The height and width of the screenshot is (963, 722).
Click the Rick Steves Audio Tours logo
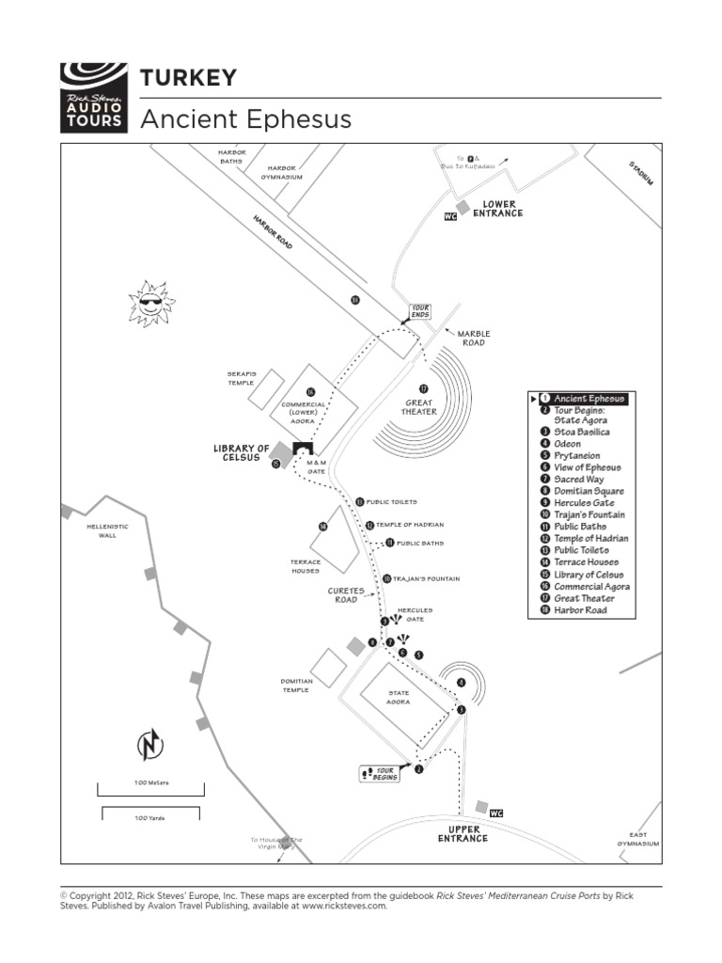point(93,98)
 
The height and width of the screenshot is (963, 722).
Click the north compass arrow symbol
point(149,745)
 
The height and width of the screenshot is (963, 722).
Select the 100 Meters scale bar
point(149,783)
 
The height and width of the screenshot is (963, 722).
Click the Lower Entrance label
point(497,209)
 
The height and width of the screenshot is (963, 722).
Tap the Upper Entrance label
point(463,834)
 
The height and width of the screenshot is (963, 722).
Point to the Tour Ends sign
point(420,311)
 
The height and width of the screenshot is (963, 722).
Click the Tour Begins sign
point(380,774)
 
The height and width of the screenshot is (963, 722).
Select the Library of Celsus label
point(242,453)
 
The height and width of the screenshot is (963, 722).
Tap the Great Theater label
point(419,407)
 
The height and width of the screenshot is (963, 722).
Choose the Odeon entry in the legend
point(567,444)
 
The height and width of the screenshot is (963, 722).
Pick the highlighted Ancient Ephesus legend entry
point(588,399)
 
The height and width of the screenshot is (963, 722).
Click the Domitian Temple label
point(296,686)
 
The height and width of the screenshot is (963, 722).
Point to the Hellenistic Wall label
point(107,530)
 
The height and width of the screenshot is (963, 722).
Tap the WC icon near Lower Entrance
point(450,216)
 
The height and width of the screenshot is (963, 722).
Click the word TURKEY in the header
point(188,78)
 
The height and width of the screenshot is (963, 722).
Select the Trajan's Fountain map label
point(426,578)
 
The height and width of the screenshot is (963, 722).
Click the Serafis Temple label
point(242,378)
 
